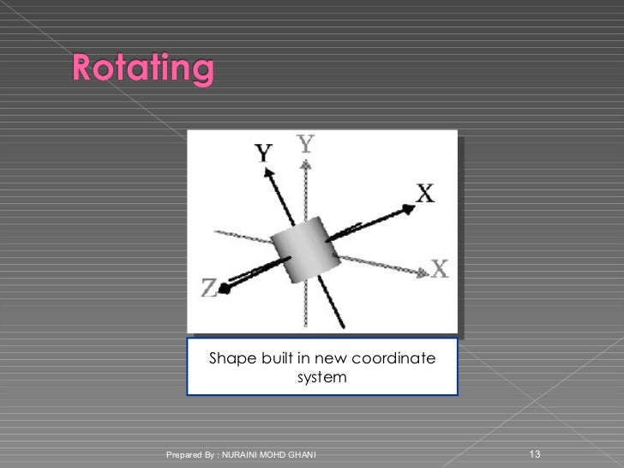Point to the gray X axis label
438,268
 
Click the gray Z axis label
209,290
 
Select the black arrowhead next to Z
226,288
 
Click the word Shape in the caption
232,357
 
